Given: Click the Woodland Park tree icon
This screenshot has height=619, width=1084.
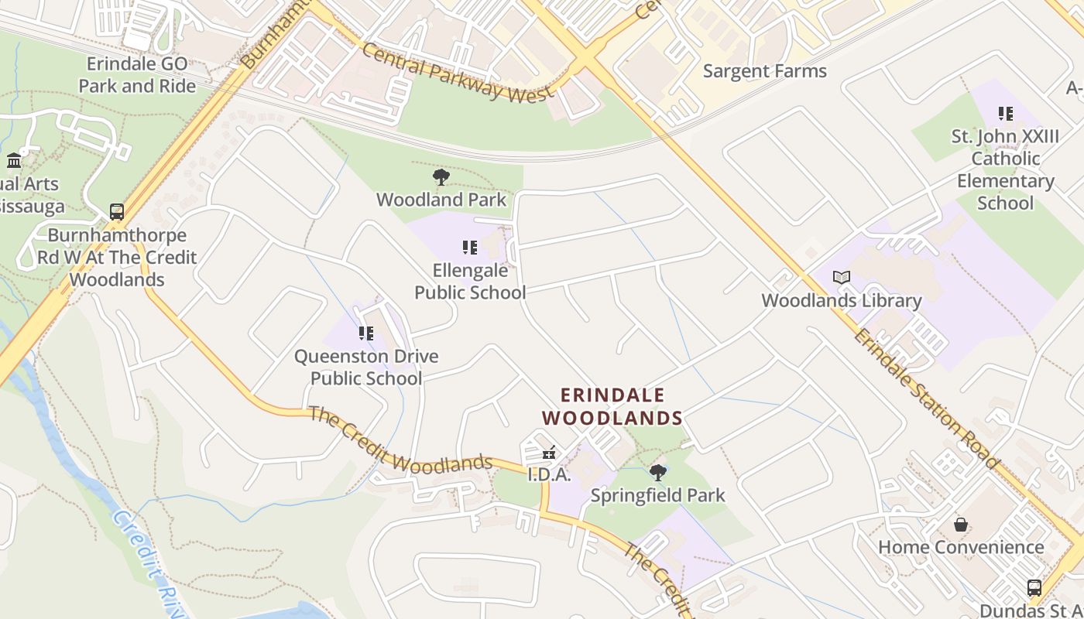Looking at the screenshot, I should tap(441, 177).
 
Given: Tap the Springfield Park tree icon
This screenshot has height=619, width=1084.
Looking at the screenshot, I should tap(658, 472).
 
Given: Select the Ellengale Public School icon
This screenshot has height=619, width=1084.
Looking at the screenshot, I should tap(470, 248).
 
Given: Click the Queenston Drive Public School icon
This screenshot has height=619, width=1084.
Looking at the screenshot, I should tap(366, 333).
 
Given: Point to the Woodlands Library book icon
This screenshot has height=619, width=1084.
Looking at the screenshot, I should tap(842, 277).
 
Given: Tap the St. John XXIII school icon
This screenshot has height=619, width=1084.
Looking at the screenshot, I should tap(1006, 114).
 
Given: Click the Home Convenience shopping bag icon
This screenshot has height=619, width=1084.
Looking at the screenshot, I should tap(961, 525).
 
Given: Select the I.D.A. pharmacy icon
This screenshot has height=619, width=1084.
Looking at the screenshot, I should tap(549, 453).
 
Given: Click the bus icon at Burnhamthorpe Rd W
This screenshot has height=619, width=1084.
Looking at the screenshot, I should tap(117, 211).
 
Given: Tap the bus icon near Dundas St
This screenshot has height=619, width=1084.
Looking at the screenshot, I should tap(1034, 588).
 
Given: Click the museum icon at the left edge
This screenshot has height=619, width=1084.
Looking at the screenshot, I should tap(14, 161).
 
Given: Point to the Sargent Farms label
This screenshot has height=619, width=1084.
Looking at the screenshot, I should tap(765, 71).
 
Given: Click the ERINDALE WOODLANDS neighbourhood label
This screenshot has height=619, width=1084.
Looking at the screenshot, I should tap(612, 407).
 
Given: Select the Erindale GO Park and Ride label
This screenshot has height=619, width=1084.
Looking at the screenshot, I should tap(137, 75).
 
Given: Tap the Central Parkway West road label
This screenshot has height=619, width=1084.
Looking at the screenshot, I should tap(458, 73).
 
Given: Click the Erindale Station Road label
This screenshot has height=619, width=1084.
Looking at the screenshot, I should tap(926, 398).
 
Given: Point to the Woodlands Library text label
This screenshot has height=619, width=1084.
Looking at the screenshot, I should tap(842, 301).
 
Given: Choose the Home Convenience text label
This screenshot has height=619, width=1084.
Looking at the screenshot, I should tap(961, 548).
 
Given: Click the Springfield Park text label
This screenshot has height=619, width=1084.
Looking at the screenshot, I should tap(658, 495).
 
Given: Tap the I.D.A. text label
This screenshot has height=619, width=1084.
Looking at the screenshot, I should tap(549, 475).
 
